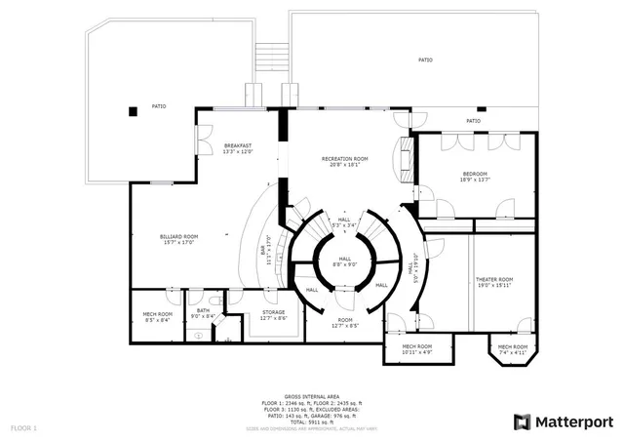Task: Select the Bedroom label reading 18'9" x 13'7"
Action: click(475, 177)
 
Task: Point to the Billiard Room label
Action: click(178, 239)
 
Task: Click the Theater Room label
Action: click(493, 282)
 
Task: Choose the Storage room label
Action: click(273, 315)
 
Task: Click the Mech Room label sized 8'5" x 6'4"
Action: click(157, 316)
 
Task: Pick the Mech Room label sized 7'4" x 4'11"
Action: click(513, 349)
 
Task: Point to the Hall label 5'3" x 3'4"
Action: click(344, 222)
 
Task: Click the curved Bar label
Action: click(264, 250)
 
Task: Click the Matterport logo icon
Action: click(523, 421)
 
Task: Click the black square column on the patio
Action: click(132, 110)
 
